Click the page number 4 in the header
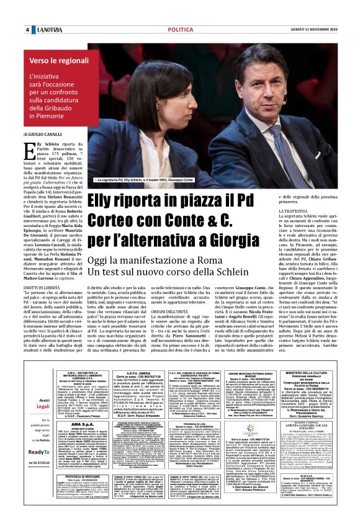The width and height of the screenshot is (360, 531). pyautogui.click(x=27, y=30)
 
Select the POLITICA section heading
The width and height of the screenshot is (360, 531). pyautogui.click(x=180, y=30)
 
